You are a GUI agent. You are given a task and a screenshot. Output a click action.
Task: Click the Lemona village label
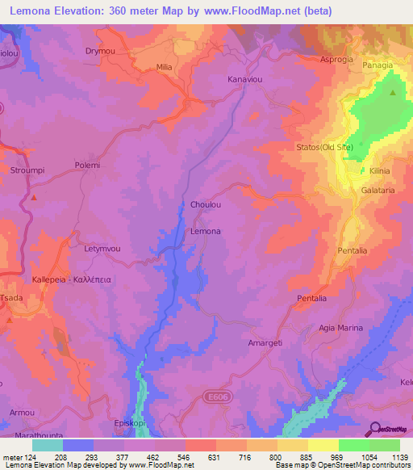click(205, 232)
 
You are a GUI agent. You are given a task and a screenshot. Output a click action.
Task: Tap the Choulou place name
click(205, 205)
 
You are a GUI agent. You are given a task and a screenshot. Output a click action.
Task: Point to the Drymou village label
click(102, 50)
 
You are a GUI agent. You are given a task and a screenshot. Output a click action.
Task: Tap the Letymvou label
click(102, 250)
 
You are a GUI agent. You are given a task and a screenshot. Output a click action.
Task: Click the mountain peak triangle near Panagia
click(393, 92)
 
